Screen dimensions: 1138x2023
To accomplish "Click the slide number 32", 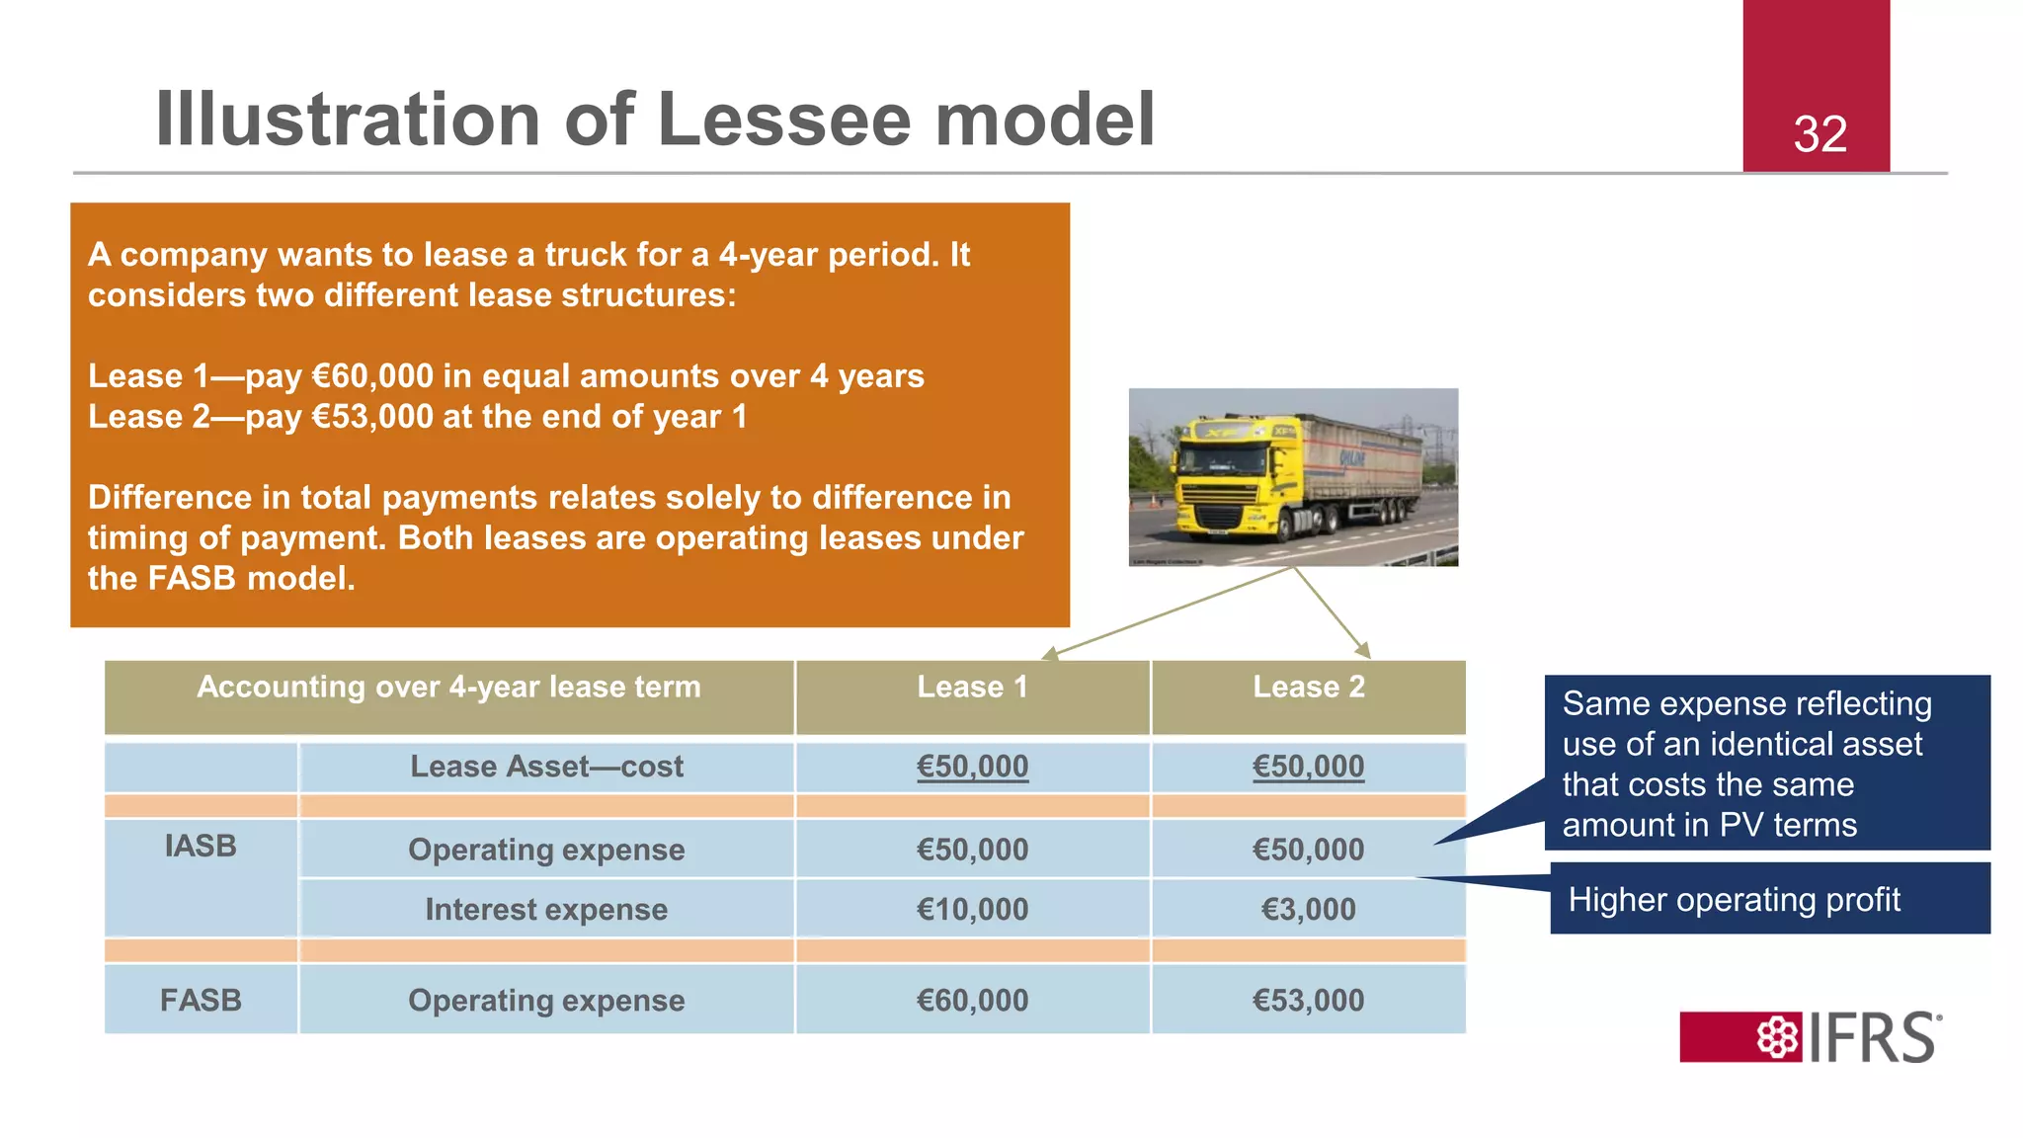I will coord(1820,134).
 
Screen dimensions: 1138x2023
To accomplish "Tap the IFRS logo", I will coord(1811,1036).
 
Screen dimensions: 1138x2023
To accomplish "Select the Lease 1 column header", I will coord(972,687).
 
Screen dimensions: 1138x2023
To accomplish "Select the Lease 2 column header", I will coord(1308,687).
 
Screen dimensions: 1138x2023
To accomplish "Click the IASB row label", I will coord(201,847).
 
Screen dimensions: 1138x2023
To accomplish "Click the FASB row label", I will coord(201,1000).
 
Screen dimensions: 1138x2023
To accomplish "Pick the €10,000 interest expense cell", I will coord(972,909).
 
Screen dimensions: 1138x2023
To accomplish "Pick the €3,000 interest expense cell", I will coord(1308,909).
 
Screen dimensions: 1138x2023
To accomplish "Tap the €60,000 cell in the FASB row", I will coord(972,1000).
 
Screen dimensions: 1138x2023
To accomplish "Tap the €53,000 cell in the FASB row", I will coord(1308,1000).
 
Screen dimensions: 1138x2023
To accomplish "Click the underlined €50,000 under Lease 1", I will coord(972,767).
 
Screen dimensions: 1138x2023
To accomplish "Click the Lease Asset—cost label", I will coord(546,767).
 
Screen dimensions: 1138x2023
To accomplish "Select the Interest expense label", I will coord(546,909).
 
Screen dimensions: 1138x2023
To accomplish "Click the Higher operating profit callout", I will coord(1734,900).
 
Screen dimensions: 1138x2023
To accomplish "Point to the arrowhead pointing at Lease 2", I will coord(1363,650).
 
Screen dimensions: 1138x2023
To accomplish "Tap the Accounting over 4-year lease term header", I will coord(448,687).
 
